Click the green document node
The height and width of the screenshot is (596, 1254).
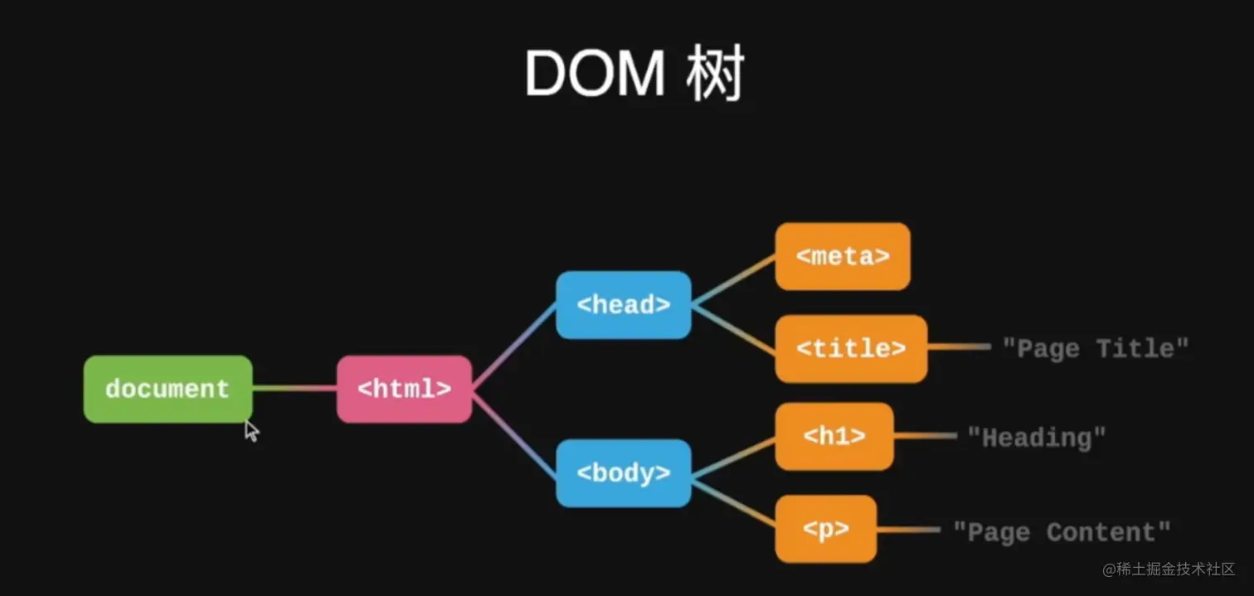(x=168, y=389)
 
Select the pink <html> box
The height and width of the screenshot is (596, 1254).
(x=404, y=389)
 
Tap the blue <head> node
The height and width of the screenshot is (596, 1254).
(x=623, y=305)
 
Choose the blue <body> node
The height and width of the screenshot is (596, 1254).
(x=623, y=473)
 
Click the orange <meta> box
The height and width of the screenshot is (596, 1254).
(x=843, y=256)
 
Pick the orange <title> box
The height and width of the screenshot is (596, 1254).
(x=851, y=349)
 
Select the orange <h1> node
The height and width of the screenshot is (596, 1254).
(x=834, y=437)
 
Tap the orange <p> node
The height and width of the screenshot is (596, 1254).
(x=826, y=530)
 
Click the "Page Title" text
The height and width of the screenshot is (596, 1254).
(x=1096, y=348)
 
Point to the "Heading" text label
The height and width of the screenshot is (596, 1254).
(x=1037, y=437)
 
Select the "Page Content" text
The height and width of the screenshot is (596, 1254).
(x=1062, y=531)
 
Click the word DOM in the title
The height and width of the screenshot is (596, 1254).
(x=594, y=75)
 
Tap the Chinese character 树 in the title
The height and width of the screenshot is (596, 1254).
(x=715, y=75)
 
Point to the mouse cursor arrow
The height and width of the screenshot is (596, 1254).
(x=251, y=430)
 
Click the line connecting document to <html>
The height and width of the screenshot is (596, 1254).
(x=294, y=388)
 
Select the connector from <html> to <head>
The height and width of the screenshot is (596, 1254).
(x=514, y=346)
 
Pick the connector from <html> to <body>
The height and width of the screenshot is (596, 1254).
(x=514, y=432)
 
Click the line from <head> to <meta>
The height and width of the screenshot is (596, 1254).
(x=733, y=280)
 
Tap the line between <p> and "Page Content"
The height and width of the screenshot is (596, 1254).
(x=907, y=530)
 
